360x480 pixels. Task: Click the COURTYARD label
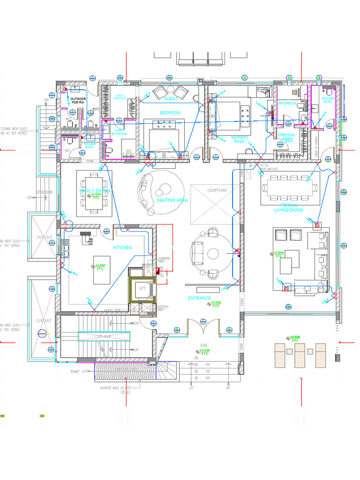coord(217,190)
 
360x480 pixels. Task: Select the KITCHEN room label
coord(123,247)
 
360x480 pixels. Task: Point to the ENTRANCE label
coord(199,298)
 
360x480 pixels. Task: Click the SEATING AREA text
coord(172,200)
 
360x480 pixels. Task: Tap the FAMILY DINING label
coord(95,191)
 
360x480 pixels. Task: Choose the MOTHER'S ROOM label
coord(239,139)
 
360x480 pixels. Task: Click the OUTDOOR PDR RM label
coord(78,101)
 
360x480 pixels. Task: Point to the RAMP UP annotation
coord(78,371)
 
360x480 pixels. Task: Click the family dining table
coord(94,193)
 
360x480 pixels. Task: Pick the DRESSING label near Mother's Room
coord(287,135)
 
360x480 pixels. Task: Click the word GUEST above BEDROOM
coord(170,99)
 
